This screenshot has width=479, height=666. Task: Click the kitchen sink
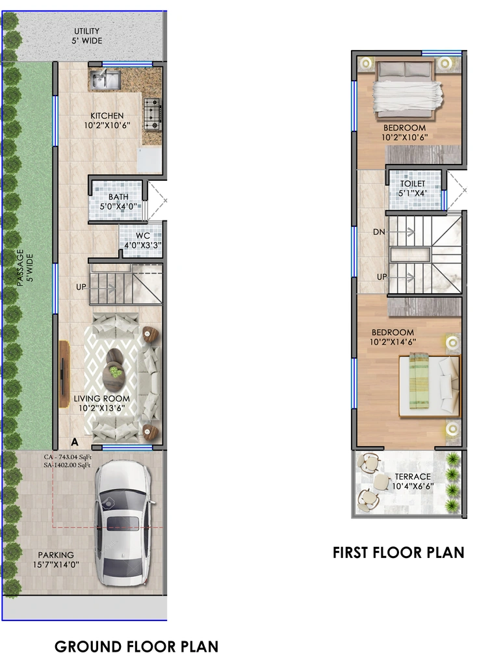coord(105,79)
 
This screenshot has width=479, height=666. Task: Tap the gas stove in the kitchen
coord(152,113)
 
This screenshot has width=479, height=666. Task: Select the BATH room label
coord(118,197)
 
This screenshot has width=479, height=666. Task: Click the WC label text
coord(142,235)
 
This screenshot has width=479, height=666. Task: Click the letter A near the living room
coord(75,442)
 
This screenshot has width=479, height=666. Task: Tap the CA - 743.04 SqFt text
coord(68,457)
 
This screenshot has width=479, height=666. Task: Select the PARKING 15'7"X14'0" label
coord(56,560)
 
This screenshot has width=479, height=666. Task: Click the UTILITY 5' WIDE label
coord(87,36)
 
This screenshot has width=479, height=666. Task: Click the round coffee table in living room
coord(114,369)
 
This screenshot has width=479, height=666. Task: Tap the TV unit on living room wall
coord(64,374)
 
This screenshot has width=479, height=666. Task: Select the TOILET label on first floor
coord(413,183)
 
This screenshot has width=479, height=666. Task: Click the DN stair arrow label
coord(379,232)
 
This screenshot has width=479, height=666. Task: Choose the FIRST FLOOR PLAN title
coord(398,553)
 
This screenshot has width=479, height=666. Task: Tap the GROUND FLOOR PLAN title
coord(136,647)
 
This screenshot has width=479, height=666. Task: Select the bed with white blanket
coord(406,90)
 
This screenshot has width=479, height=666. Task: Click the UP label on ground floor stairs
coord(81,287)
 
